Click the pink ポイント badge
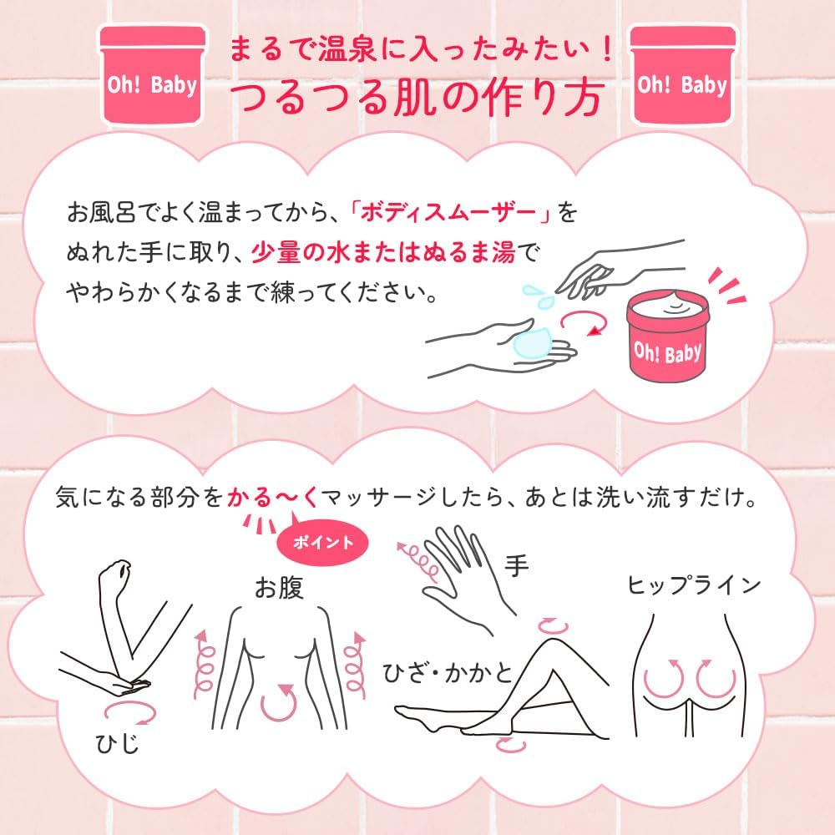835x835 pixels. tap(321, 542)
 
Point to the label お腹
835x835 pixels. tap(279, 589)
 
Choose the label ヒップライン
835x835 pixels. tap(695, 584)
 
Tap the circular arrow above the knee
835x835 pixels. tap(553, 624)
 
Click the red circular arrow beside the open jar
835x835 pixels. tap(582, 321)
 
